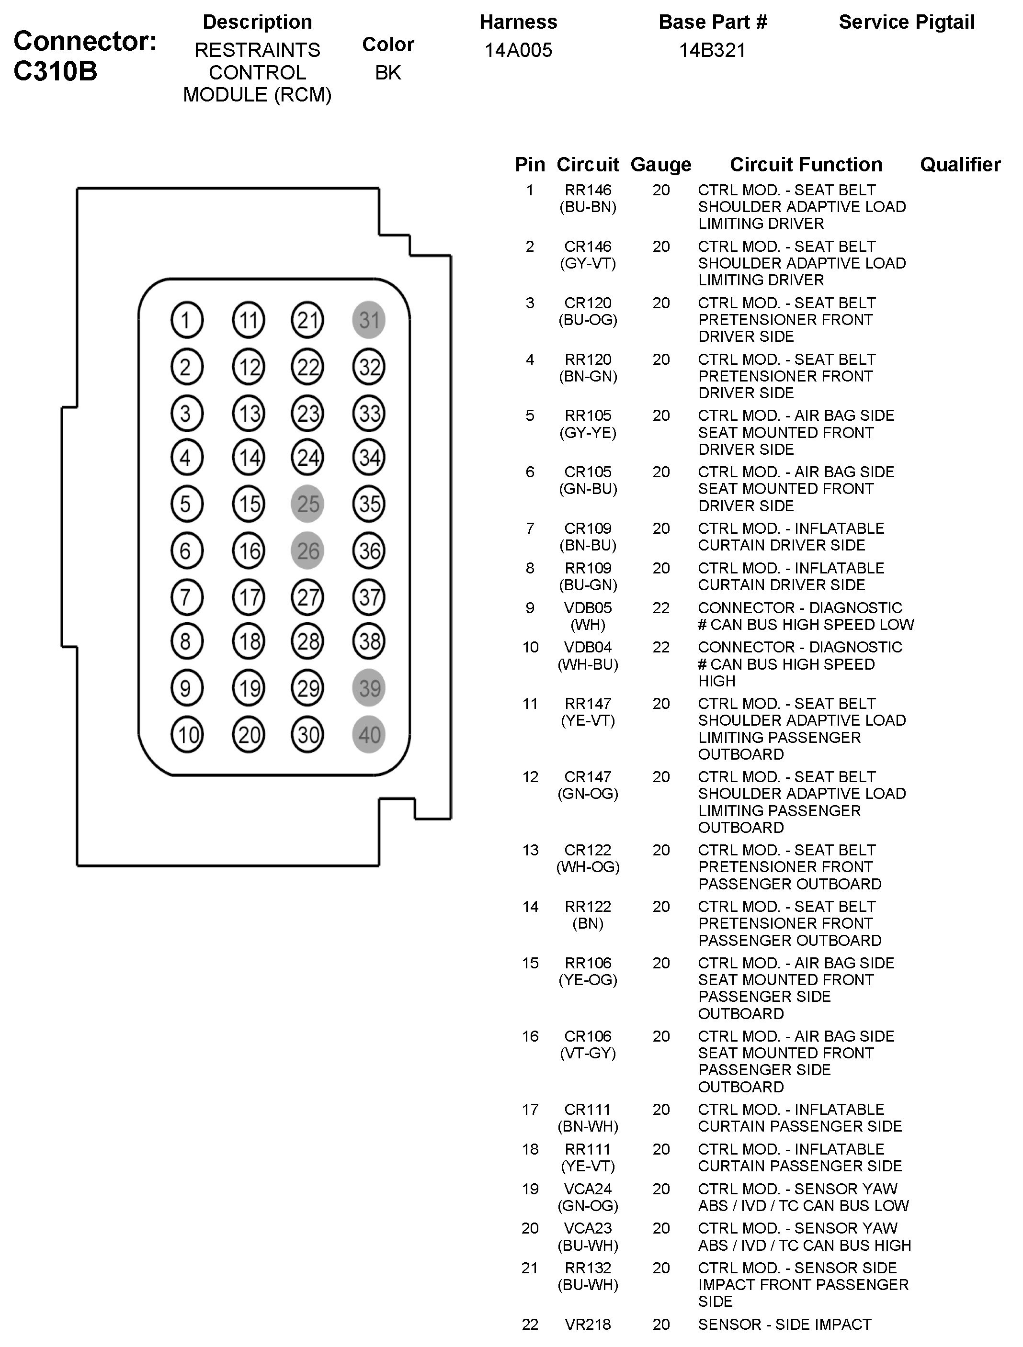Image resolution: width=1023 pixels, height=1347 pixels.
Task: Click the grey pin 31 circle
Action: pos(369,320)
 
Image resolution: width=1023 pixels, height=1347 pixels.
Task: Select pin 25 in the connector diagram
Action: pos(307,504)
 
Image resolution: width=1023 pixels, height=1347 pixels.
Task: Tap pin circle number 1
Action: pos(186,320)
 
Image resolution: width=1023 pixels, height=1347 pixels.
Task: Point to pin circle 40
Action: pos(369,735)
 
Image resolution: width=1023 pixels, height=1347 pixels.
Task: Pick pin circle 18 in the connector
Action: pos(249,641)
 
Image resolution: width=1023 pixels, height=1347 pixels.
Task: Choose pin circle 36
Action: pos(369,550)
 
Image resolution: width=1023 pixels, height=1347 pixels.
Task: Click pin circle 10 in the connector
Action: pos(186,735)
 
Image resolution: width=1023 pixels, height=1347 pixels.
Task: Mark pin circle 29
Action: pos(307,688)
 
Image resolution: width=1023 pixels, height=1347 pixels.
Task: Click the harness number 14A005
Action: pos(518,50)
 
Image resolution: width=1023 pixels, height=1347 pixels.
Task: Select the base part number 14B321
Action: pos(712,50)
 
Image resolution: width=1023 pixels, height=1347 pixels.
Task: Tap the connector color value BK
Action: pos(388,72)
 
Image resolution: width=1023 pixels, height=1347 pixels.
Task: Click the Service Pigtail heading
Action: pos(907,22)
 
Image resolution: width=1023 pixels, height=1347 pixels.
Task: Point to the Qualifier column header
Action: pos(960,164)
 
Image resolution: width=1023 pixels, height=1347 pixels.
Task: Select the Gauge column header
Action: pos(661,164)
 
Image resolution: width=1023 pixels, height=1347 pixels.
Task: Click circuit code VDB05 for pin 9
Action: pos(588,608)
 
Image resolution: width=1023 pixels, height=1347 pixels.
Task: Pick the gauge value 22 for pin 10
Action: pos(661,647)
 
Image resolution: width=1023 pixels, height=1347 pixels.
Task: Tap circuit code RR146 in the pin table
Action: pos(588,190)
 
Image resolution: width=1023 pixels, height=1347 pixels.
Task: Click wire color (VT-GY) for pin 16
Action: pos(588,1053)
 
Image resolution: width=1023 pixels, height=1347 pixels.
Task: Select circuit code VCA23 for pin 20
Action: pos(588,1228)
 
